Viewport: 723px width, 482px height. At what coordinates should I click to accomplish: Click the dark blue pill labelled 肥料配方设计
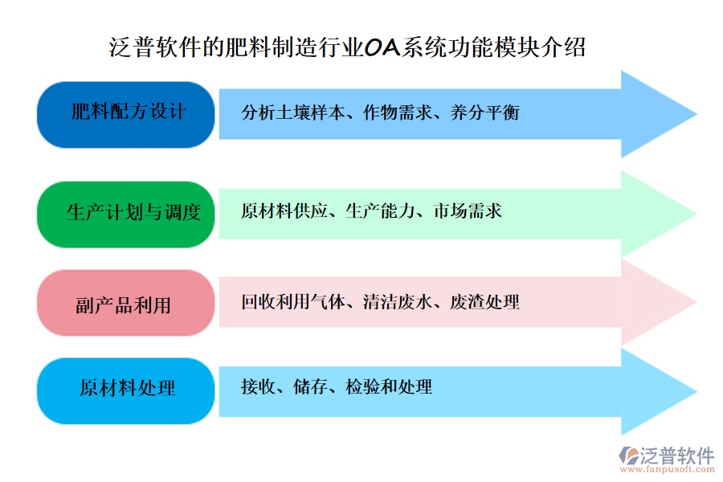[126, 114]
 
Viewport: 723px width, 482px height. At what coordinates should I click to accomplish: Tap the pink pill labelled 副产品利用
[126, 303]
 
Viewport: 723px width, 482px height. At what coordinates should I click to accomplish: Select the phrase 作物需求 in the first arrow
[390, 112]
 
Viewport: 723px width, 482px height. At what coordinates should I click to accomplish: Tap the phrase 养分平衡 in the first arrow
[485, 112]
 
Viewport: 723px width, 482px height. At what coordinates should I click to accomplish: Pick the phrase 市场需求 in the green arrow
[468, 211]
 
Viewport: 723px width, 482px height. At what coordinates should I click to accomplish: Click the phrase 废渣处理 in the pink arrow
[485, 302]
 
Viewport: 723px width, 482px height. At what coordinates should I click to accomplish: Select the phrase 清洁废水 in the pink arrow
[390, 302]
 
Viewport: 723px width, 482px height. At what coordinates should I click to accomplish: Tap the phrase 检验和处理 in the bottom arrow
[389, 387]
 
